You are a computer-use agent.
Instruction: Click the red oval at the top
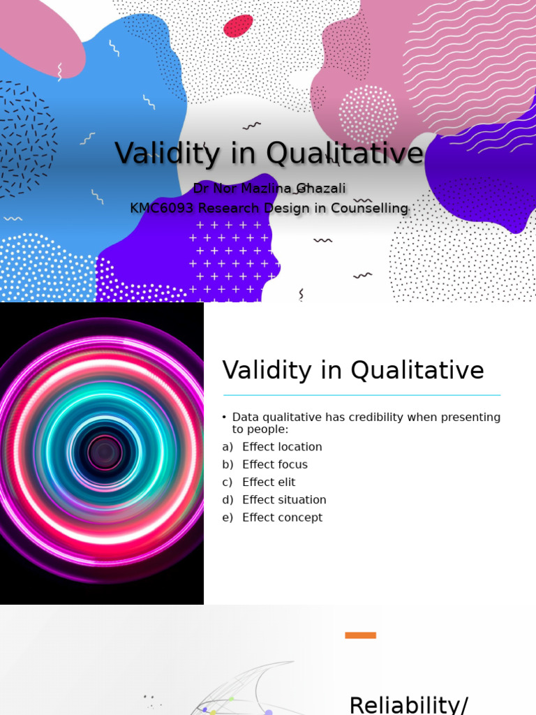pos(238,26)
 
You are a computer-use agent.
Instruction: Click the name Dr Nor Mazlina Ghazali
pos(269,189)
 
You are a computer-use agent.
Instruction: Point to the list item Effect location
pos(282,447)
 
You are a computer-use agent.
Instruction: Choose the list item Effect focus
pos(274,464)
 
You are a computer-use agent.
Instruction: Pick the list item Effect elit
pos(269,482)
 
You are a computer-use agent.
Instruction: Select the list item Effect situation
pos(284,500)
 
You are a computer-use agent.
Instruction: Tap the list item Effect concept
pos(282,517)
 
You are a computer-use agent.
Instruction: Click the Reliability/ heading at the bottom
pos(408,704)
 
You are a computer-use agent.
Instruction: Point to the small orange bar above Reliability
pos(360,635)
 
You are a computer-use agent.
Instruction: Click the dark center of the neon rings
pos(105,452)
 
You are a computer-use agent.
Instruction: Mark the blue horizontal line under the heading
pos(362,395)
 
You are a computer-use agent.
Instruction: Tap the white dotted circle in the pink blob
pos(368,114)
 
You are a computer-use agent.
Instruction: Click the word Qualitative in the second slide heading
pos(417,370)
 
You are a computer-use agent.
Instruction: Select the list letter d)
pos(228,500)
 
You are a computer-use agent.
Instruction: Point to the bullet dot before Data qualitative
pos(225,418)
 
